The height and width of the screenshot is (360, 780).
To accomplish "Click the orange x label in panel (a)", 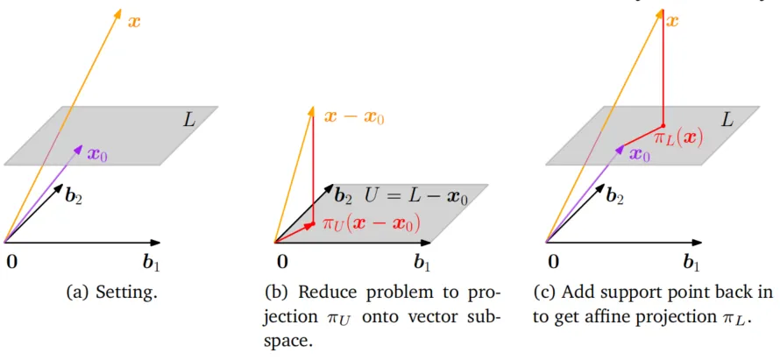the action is pos(134,23).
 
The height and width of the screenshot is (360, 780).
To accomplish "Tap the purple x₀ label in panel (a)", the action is pos(97,153).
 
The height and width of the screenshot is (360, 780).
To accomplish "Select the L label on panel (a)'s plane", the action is pos(189,120).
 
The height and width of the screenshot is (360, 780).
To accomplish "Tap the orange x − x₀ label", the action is pos(354,118).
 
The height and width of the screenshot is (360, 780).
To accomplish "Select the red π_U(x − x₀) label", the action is pos(372,222).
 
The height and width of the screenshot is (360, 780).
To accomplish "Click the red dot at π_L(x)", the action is pos(663,125).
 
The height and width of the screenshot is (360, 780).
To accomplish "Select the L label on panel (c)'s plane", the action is pos(727,120).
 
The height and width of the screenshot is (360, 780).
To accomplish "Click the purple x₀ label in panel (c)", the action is pos(639,153).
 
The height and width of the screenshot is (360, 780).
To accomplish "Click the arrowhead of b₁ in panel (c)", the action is pos(697,243).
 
